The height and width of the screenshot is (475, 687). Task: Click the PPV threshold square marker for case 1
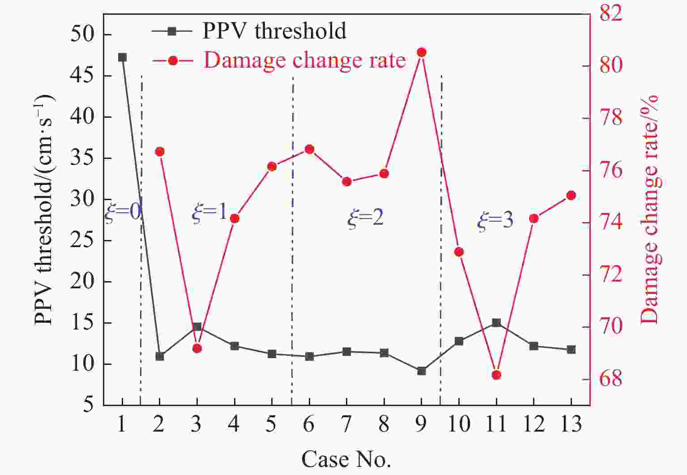tap(122, 57)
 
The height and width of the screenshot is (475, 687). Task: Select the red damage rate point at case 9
tap(421, 52)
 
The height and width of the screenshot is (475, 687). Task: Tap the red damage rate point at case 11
tap(496, 375)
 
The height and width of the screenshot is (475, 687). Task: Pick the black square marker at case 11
tap(496, 323)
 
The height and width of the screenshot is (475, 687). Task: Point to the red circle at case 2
tap(160, 152)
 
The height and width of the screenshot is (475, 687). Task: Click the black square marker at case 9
tap(421, 371)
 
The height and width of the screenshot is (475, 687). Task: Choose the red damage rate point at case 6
tap(309, 149)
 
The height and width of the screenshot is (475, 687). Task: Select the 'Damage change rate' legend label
tap(304, 60)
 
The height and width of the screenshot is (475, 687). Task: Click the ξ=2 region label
tap(365, 218)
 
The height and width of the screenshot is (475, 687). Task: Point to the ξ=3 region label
tap(495, 220)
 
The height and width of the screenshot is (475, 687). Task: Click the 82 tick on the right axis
tap(610, 13)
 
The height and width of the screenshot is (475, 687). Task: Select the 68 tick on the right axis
tap(610, 379)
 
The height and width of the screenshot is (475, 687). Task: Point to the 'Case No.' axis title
tap(346, 459)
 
